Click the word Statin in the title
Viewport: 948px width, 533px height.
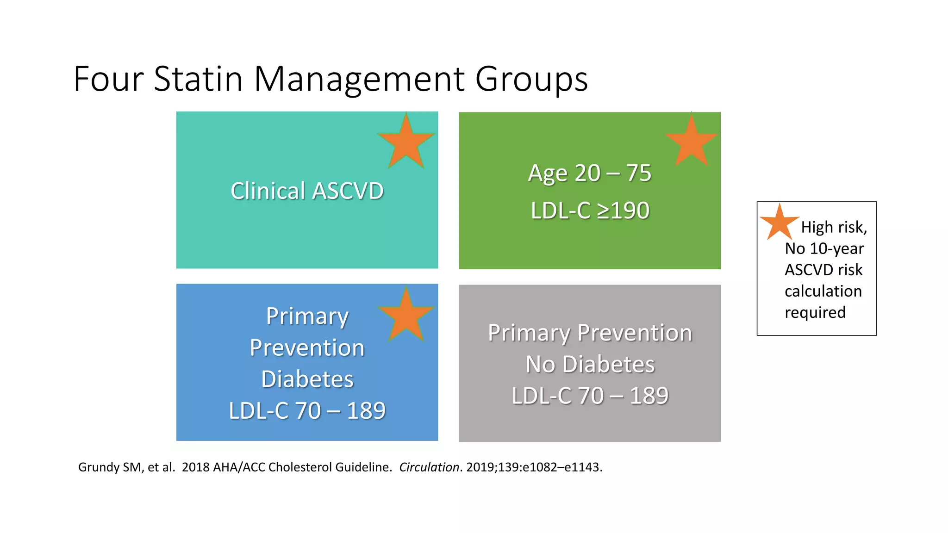pyautogui.click(x=198, y=79)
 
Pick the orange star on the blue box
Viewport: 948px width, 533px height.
pyautogui.click(x=406, y=316)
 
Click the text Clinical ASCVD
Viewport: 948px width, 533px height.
pyautogui.click(x=307, y=191)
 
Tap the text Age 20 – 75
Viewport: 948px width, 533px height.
pyautogui.click(x=590, y=173)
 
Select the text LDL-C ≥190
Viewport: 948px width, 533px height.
pyautogui.click(x=590, y=211)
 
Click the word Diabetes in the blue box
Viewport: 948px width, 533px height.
pyautogui.click(x=307, y=379)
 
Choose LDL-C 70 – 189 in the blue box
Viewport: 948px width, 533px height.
pyautogui.click(x=307, y=410)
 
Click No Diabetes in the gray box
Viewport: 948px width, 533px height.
pyautogui.click(x=590, y=364)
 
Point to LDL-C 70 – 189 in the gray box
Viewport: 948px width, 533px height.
pyautogui.click(x=590, y=396)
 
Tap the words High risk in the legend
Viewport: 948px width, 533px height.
pyautogui.click(x=833, y=227)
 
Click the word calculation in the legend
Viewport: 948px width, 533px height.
pyautogui.click(x=823, y=291)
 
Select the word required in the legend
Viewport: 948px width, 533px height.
pyautogui.click(x=815, y=312)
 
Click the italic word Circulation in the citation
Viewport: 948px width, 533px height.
pyautogui.click(x=429, y=467)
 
